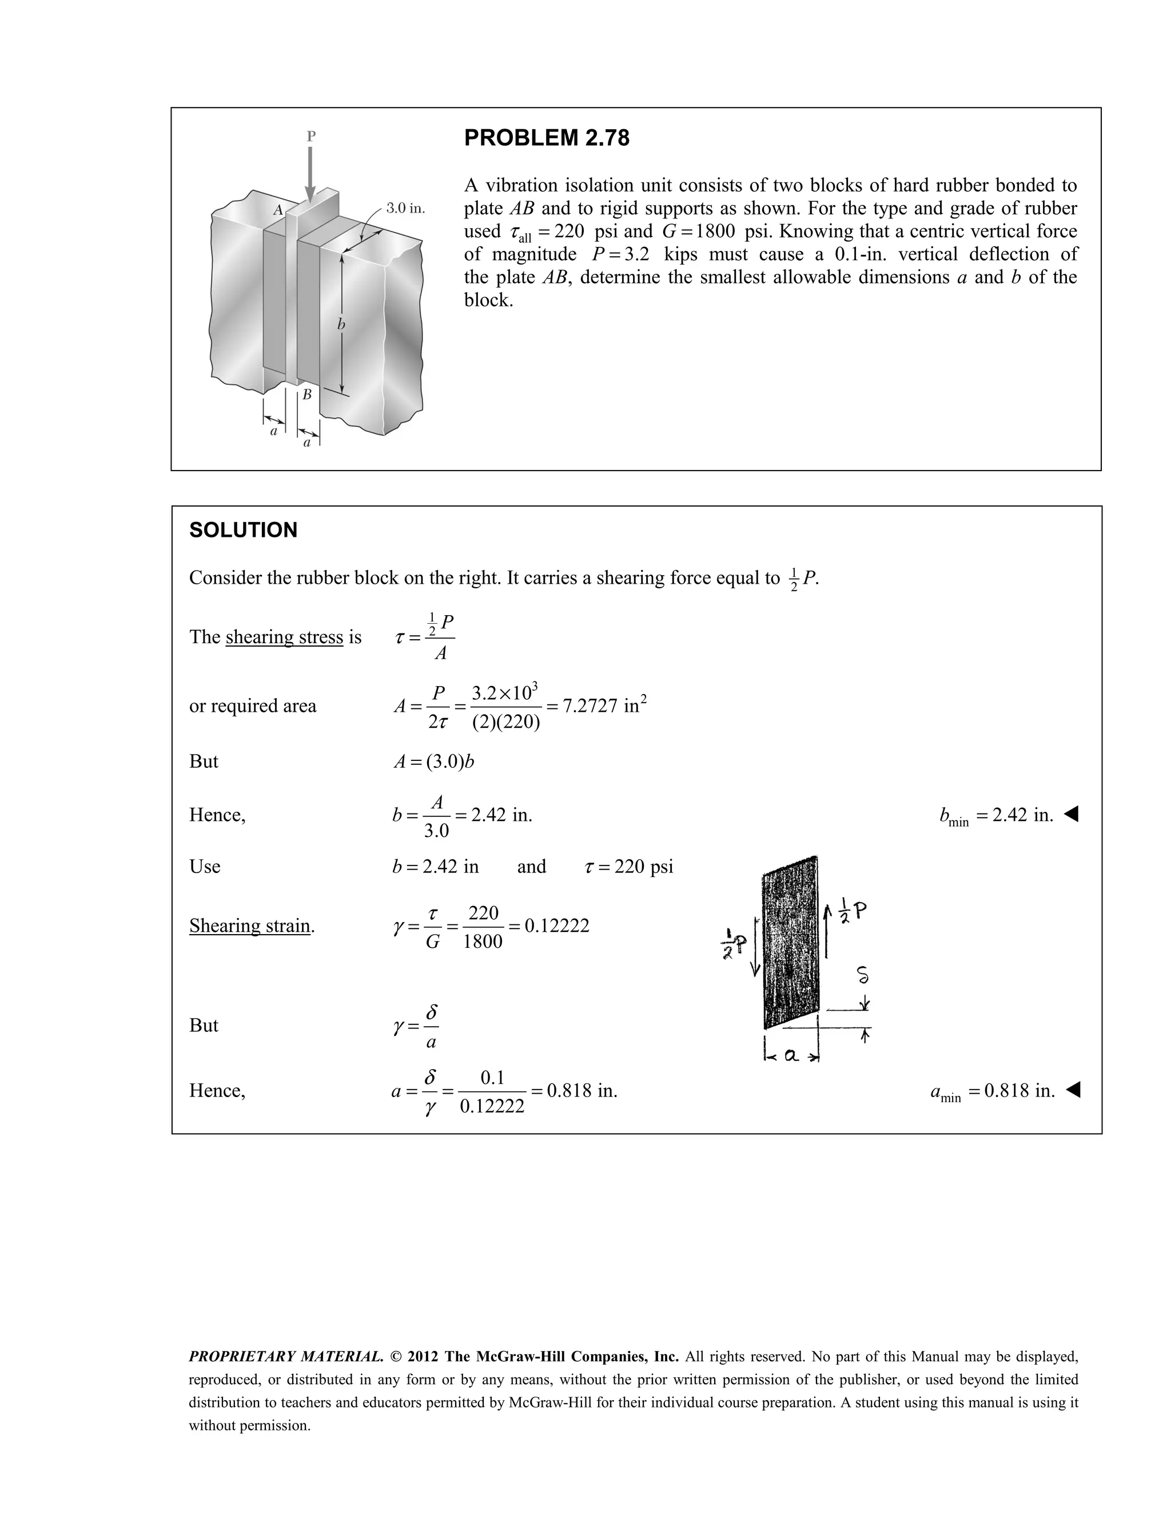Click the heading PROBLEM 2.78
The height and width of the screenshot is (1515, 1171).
click(546, 138)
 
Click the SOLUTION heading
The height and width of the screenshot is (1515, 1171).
click(243, 530)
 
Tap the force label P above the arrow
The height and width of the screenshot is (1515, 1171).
click(311, 136)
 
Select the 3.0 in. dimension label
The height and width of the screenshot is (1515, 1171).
click(405, 208)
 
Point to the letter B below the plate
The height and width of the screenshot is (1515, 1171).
click(306, 394)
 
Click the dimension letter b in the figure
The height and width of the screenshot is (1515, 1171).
click(341, 324)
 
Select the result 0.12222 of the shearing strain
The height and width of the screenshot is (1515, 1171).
click(556, 926)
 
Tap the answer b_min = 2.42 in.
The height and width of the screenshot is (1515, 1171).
click(997, 815)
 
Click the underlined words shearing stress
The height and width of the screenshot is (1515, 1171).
click(284, 637)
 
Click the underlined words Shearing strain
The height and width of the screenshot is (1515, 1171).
click(250, 926)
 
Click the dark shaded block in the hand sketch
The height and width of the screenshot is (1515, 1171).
click(791, 943)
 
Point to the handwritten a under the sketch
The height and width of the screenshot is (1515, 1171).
click(791, 1056)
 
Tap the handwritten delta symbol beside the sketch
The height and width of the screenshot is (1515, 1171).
click(862, 976)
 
